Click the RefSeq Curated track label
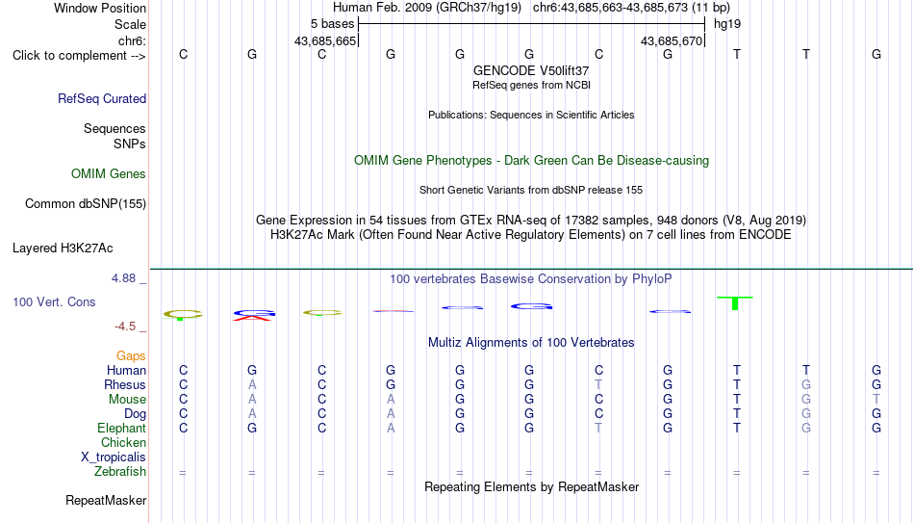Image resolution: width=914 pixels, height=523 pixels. [102, 98]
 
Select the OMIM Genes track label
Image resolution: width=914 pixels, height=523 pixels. [109, 174]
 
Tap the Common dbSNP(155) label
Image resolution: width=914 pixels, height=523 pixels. [86, 204]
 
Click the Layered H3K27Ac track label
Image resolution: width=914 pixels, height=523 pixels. [63, 248]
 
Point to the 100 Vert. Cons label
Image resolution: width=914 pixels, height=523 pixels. [54, 301]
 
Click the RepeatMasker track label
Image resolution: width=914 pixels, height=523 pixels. [106, 500]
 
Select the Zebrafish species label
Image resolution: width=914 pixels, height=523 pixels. [120, 471]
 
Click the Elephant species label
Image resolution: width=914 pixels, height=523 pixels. [122, 428]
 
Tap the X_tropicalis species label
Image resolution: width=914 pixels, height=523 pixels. [114, 458]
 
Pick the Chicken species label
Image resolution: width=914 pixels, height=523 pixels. [123, 442]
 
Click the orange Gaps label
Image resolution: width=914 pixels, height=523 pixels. [131, 355]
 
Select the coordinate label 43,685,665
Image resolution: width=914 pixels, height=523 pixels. [325, 40]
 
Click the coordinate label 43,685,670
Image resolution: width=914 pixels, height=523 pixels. [672, 40]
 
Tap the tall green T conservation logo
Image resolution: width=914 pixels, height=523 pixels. [735, 303]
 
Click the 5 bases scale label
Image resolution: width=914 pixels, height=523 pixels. [332, 24]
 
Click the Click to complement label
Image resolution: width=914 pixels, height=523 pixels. [79, 56]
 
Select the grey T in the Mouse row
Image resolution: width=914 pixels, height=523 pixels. [876, 400]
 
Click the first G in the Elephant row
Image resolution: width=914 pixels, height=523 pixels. [252, 428]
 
